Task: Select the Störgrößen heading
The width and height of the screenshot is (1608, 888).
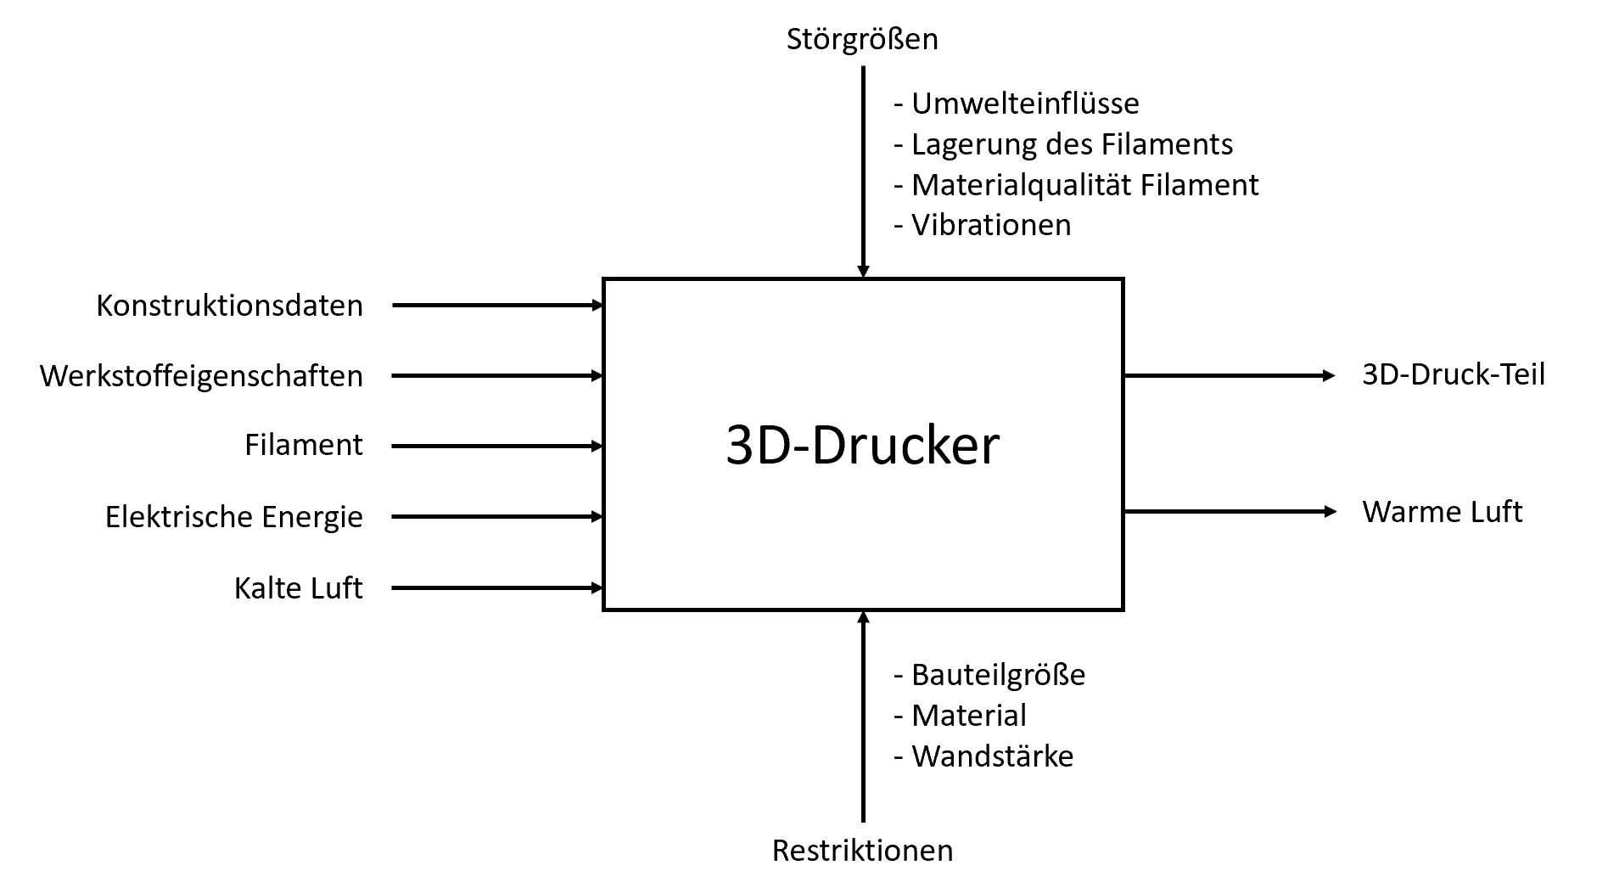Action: pos(862,39)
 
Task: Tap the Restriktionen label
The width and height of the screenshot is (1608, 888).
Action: pos(862,850)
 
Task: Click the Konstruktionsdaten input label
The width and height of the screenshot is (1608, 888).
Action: pos(229,306)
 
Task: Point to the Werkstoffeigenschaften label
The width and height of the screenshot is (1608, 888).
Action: pos(201,376)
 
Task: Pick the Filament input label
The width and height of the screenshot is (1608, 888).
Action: pos(303,445)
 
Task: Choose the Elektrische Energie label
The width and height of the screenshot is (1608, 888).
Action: pos(233,516)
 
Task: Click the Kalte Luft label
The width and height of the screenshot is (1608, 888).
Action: pos(298,587)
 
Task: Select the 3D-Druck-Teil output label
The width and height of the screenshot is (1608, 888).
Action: pos(1453,374)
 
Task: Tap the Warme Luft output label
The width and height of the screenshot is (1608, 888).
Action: pos(1442,512)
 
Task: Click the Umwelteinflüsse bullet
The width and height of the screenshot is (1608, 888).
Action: pos(1016,104)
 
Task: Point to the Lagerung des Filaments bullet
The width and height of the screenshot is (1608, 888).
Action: pos(1062,144)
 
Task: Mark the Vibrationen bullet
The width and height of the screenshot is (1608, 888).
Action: pos(982,225)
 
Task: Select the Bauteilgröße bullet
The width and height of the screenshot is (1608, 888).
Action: pos(989,675)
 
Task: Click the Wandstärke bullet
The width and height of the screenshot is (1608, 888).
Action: pos(983,756)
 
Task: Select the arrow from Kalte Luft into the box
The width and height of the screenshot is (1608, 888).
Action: pos(496,587)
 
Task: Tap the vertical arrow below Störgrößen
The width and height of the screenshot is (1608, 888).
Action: pos(863,170)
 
